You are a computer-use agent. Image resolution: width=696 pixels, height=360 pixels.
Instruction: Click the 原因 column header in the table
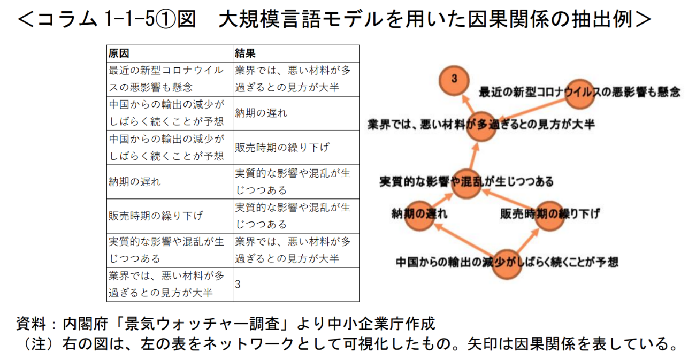tap(118, 53)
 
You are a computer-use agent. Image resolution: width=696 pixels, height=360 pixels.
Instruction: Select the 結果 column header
tap(245, 53)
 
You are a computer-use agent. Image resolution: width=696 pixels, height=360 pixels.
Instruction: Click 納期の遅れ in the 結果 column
tap(261, 113)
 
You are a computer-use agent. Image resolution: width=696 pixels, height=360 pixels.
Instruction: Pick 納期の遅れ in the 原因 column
tap(134, 182)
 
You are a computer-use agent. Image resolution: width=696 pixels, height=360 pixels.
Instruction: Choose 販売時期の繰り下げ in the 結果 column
tap(282, 147)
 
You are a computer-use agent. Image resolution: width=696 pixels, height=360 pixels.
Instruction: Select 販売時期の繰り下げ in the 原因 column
tap(156, 216)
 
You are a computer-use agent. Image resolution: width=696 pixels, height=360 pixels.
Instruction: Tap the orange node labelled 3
tap(454, 80)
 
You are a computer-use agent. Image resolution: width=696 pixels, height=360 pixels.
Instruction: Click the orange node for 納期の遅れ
tap(419, 216)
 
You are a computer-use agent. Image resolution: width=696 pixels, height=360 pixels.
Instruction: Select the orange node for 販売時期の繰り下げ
tap(549, 216)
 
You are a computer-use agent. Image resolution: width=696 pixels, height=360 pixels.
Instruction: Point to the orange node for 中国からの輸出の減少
tap(507, 264)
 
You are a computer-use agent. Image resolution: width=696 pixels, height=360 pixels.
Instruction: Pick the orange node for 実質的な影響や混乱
tap(466, 183)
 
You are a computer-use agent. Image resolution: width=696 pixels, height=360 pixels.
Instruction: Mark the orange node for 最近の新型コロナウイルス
tap(579, 94)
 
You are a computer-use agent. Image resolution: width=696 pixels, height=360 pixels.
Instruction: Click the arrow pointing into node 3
tap(468, 104)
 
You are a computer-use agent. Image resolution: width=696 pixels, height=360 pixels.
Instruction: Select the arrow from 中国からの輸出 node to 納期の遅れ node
tap(464, 240)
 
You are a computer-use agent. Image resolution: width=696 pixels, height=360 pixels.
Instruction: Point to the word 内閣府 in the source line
tap(85, 324)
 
